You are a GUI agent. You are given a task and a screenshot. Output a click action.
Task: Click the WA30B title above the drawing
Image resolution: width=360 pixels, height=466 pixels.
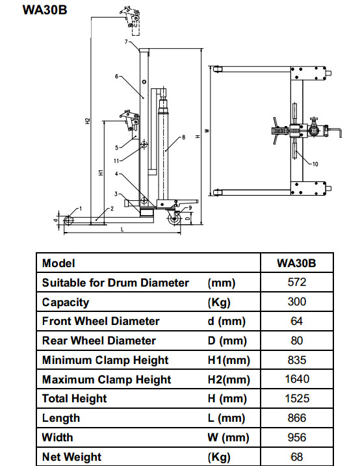(45, 10)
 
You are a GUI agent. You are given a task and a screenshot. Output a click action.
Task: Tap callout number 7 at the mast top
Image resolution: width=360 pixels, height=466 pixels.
(126, 42)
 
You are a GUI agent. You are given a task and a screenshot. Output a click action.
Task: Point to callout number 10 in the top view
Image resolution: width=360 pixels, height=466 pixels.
(315, 164)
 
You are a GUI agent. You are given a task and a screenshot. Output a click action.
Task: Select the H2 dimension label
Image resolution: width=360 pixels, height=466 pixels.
(88, 121)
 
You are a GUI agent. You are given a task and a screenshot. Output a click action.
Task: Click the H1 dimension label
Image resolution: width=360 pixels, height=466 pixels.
(101, 172)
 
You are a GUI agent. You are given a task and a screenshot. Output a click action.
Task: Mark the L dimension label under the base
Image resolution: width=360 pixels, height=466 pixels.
(122, 229)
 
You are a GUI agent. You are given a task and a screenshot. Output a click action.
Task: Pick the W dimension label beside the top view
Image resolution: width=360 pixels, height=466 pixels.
(207, 131)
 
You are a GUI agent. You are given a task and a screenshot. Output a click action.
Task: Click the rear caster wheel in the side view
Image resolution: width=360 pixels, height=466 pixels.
(174, 220)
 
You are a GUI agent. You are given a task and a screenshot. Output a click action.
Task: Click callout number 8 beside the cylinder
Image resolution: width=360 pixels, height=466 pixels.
(183, 137)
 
